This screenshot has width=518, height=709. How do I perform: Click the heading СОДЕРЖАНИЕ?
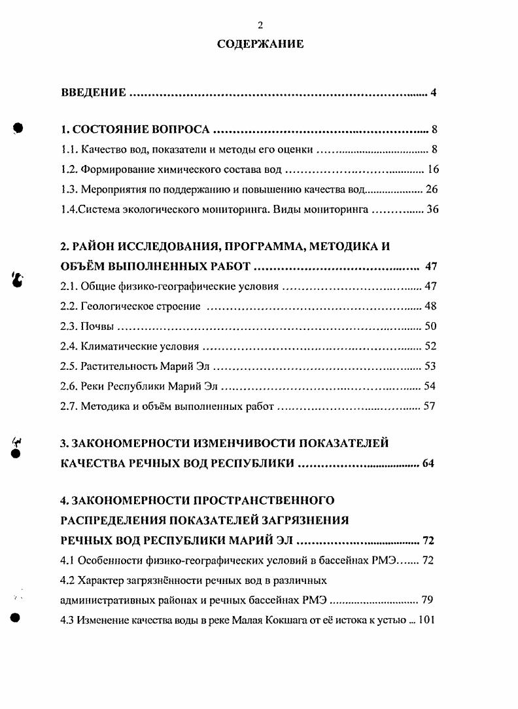point(260,45)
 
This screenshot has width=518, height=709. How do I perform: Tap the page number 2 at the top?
point(260,26)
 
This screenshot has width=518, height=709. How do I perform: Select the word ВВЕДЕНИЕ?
point(93,92)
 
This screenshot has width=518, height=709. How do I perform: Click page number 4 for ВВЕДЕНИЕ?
point(433,92)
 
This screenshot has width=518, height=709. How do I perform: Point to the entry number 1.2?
point(69,170)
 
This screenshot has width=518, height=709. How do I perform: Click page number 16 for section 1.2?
point(432,170)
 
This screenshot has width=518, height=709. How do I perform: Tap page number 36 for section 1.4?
point(432,210)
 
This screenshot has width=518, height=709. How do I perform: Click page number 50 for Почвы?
point(430,327)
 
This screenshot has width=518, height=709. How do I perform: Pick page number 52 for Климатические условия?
point(430,346)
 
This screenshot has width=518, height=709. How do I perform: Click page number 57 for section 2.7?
point(430,407)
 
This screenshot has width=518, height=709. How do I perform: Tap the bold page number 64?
point(428,464)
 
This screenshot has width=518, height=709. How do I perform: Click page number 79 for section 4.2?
point(428,600)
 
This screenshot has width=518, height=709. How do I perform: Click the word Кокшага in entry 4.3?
point(304,619)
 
